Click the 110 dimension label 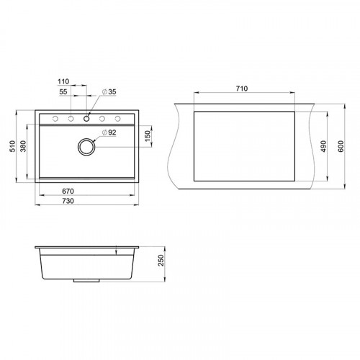click(x=63, y=81)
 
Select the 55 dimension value click(x=63, y=91)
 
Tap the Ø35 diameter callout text click(x=109, y=91)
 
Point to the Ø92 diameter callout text click(x=109, y=132)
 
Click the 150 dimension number click(x=148, y=136)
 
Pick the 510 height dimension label click(x=12, y=146)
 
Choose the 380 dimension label click(x=23, y=146)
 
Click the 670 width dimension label click(x=68, y=192)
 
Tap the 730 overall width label click(x=68, y=201)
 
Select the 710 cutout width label click(x=242, y=89)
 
